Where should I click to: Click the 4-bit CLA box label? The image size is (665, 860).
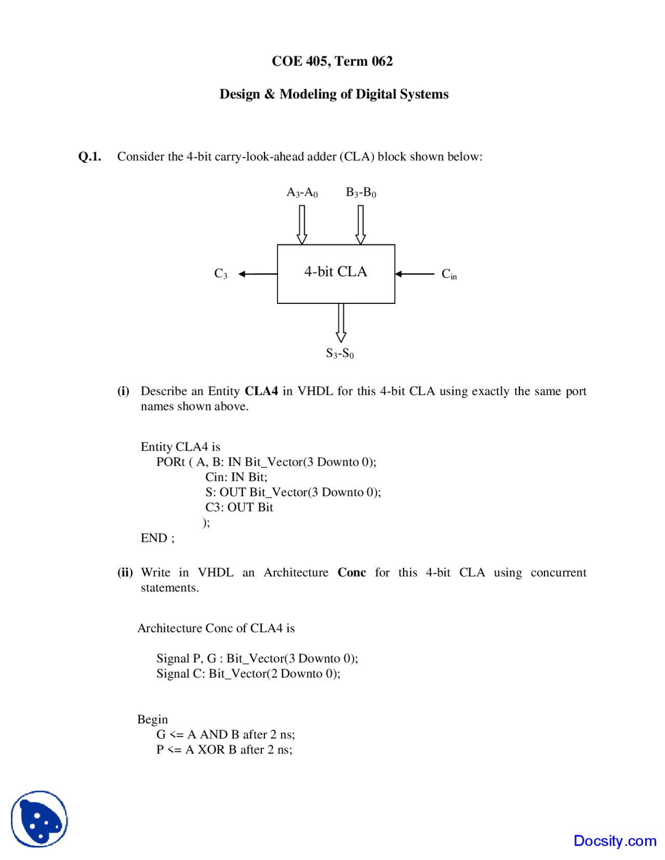click(336, 272)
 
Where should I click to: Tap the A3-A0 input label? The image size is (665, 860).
click(302, 193)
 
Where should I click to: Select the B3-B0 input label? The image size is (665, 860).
click(361, 193)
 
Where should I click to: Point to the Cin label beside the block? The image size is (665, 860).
click(449, 274)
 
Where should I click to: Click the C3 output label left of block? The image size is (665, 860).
click(221, 274)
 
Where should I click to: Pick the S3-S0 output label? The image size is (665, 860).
click(340, 354)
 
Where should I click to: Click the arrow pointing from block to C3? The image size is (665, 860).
click(258, 274)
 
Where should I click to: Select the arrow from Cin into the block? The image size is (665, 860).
click(415, 274)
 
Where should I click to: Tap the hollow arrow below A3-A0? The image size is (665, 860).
click(302, 224)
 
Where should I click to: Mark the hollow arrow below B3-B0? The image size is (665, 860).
click(361, 224)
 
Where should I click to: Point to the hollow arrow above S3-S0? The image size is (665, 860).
click(341, 322)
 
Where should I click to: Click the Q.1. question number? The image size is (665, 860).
click(89, 157)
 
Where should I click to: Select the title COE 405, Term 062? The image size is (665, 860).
click(332, 61)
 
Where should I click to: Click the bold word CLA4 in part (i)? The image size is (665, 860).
click(261, 391)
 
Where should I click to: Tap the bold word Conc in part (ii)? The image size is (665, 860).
click(352, 572)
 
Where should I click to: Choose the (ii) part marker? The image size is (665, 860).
click(125, 572)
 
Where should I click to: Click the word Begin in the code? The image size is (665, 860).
click(152, 719)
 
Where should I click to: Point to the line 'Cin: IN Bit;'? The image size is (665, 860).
click(236, 477)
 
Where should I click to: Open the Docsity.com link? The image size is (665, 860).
click(615, 840)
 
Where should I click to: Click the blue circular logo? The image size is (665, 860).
click(39, 819)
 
